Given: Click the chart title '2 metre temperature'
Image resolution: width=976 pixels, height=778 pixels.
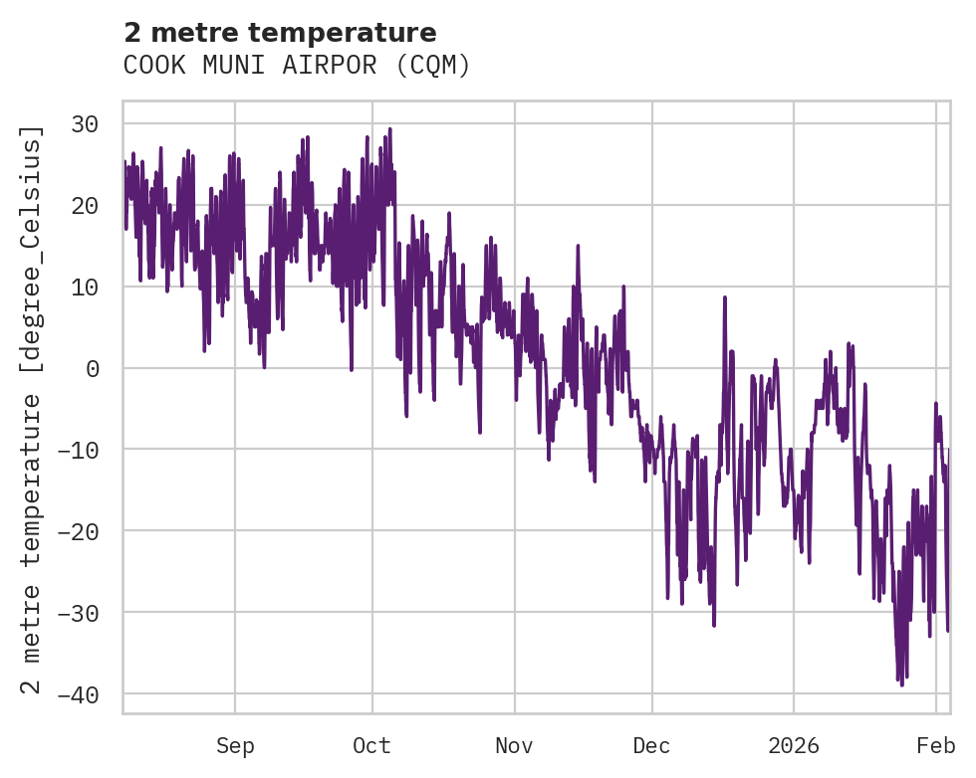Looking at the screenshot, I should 280,32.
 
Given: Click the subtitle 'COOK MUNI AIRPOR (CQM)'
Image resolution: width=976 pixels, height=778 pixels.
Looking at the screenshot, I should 297,66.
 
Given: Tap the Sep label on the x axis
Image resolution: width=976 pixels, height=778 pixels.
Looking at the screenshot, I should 235,746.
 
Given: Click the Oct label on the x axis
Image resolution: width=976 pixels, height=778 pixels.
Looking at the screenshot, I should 371,746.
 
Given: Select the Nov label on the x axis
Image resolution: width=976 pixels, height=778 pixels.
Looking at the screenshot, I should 515,746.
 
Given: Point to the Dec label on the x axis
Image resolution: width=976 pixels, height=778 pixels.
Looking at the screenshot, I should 651,746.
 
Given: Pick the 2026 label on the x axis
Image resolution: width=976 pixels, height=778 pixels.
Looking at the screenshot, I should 794,746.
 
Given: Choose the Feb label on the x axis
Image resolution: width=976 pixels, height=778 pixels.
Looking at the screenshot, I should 936,746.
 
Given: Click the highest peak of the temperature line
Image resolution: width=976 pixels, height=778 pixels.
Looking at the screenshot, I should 389,128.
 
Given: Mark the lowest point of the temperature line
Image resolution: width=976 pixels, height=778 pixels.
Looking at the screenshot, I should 902,685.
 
